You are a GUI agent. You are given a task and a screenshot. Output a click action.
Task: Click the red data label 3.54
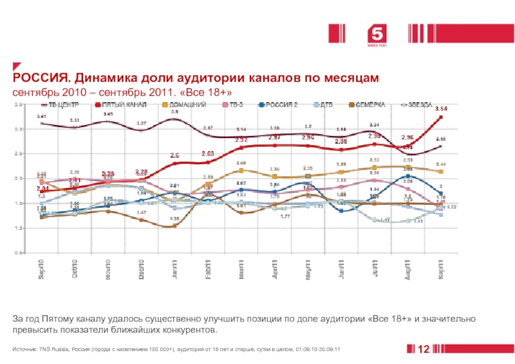coord(441,109)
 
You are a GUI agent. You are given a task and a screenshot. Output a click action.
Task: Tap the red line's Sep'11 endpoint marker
coord(441,117)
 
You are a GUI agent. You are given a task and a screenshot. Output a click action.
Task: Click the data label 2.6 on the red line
coord(174,155)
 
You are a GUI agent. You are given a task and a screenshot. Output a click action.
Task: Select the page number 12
coord(424,349)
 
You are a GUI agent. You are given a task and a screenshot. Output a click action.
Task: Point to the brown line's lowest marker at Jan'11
coord(174,225)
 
